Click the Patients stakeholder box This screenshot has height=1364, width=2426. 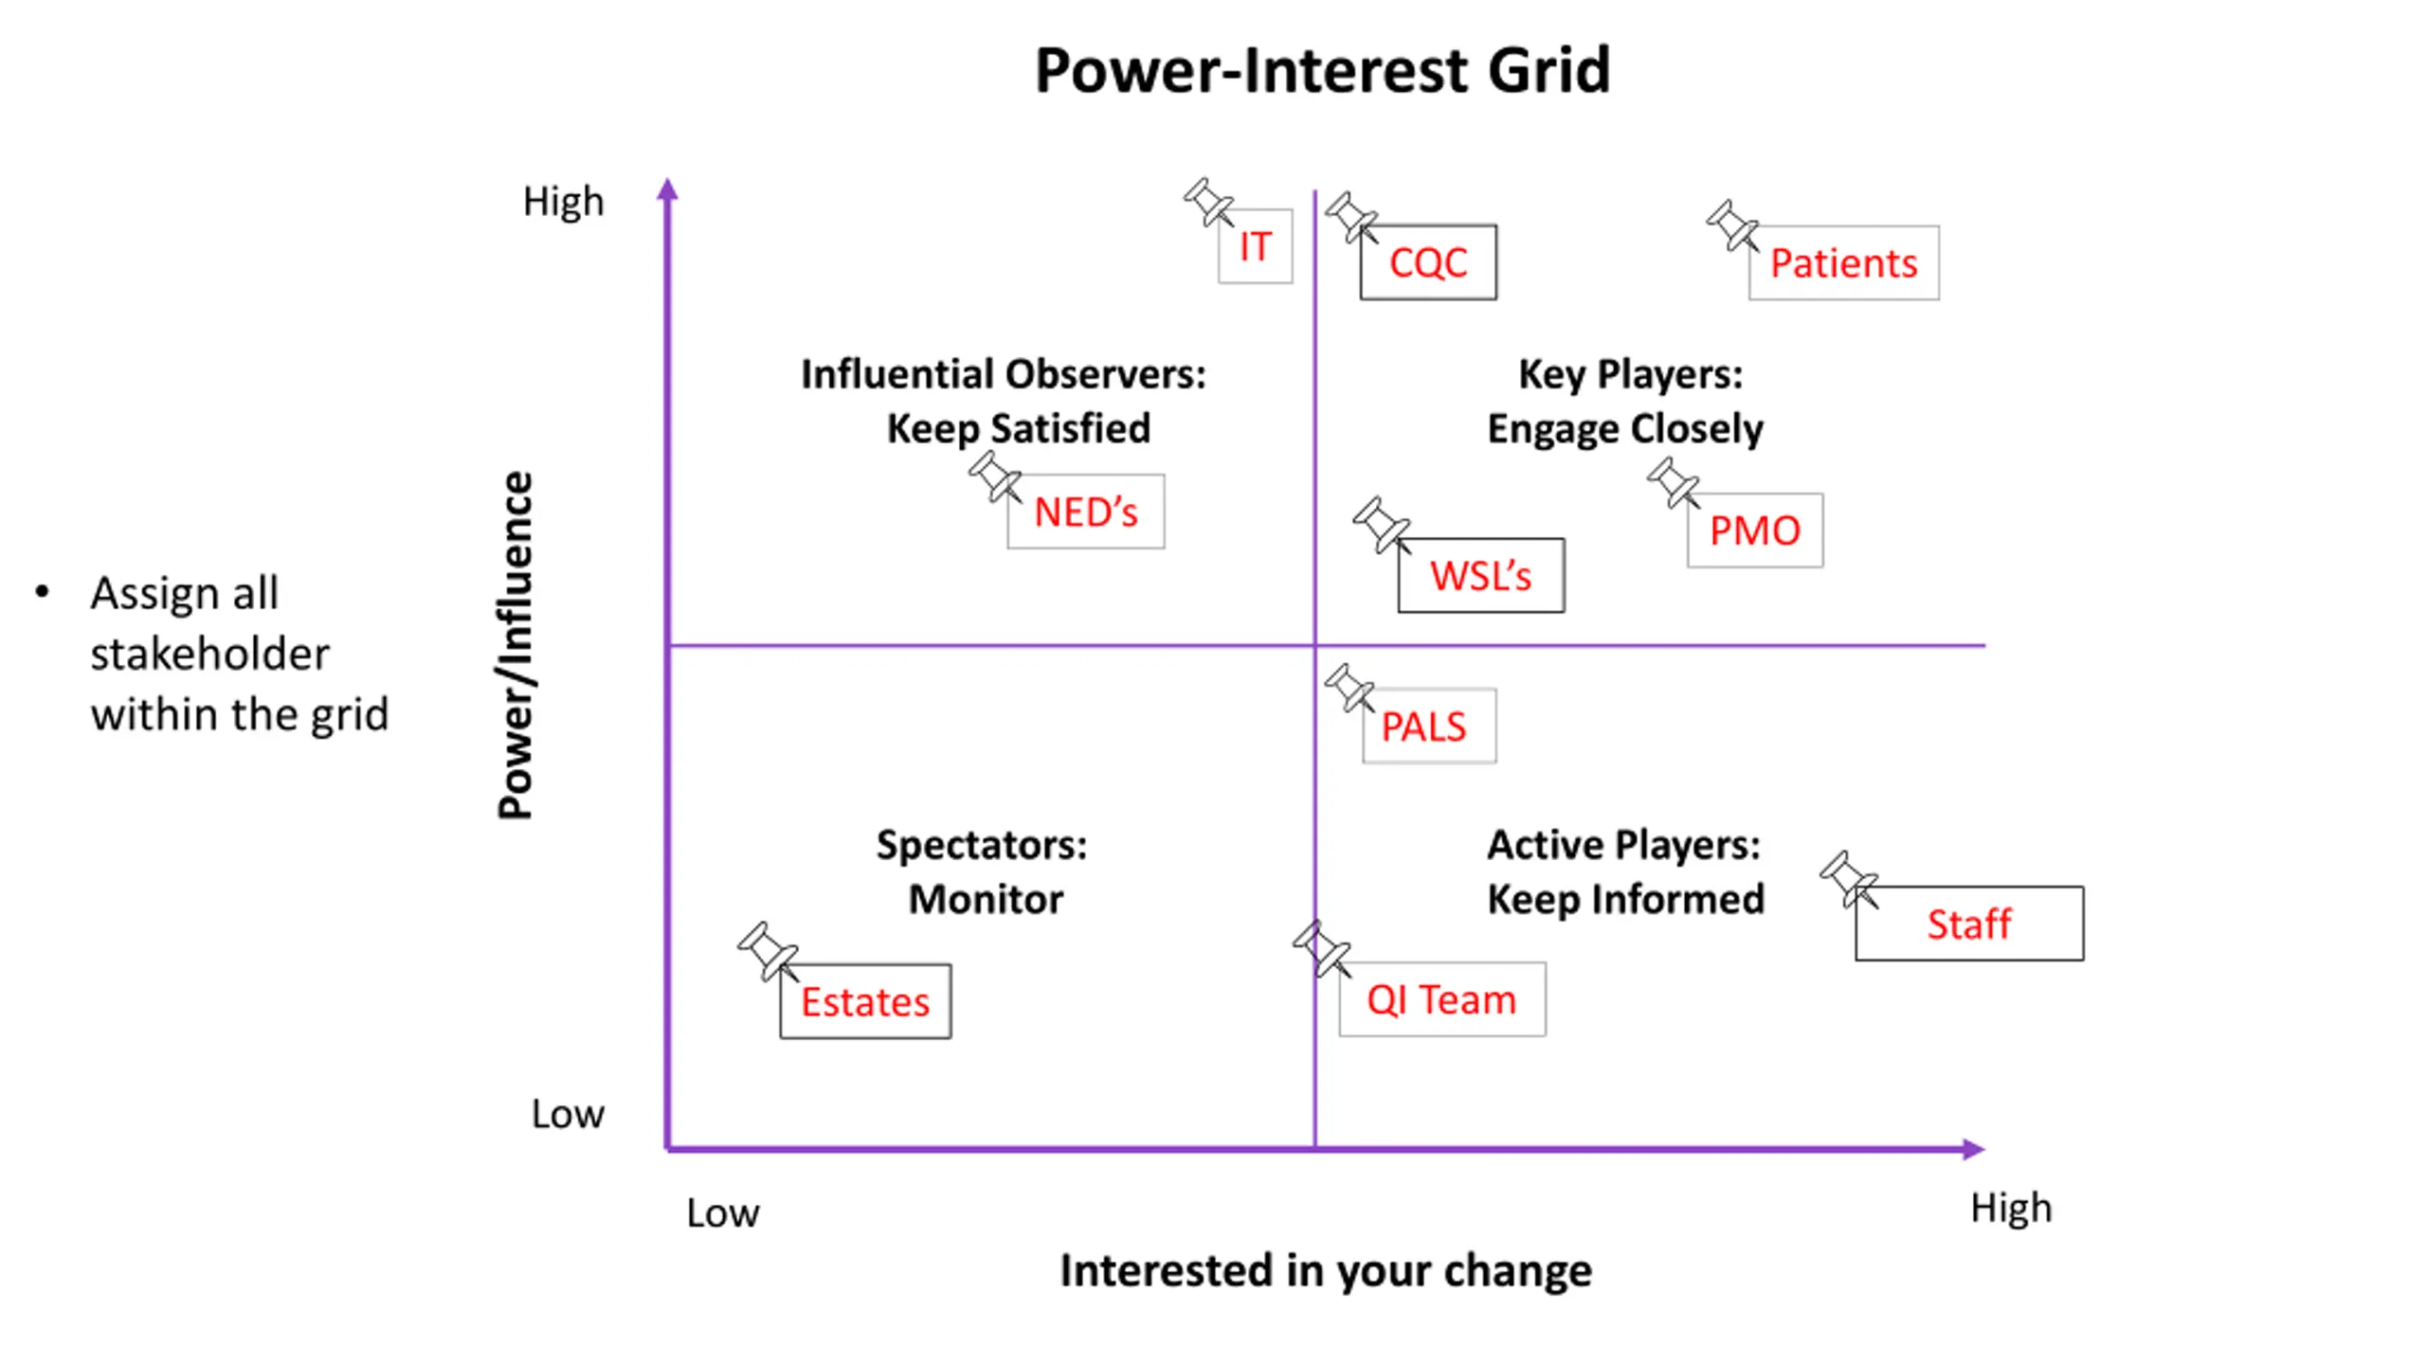1843,262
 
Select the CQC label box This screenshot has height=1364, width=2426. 1428,262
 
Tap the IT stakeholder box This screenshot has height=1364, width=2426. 1255,246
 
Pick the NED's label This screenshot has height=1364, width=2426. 1086,511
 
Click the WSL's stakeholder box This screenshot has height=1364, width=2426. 1481,575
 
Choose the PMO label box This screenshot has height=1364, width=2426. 1755,530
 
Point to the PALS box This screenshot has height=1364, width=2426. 1429,726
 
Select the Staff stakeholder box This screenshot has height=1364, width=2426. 1969,924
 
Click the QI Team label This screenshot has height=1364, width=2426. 1442,999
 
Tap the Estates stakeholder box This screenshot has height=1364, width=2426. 865,1001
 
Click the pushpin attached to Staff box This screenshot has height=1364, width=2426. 1849,879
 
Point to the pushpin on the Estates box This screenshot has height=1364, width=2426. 768,951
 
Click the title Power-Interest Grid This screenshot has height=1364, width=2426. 1322,70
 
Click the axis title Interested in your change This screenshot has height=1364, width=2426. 1326,1270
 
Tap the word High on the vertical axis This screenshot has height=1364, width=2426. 564,202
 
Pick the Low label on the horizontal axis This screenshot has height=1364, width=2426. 723,1212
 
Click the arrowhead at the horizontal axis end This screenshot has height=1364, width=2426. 1975,1149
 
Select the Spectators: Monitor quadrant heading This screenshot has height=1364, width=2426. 983,871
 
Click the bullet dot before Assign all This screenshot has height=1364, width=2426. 42,593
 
